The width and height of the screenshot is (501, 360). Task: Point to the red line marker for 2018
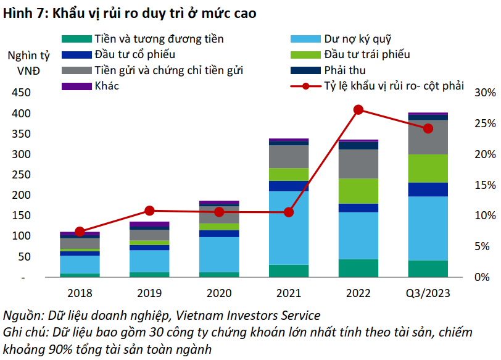pos(80,232)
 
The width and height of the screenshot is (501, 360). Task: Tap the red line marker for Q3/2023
pos(428,128)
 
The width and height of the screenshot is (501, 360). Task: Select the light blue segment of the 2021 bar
pos(289,227)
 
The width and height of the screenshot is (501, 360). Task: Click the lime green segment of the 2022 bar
pos(358,191)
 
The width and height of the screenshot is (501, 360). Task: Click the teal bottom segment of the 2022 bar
pos(358,268)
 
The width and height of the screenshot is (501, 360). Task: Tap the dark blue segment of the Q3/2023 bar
pos(428,189)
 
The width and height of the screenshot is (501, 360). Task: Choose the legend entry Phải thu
pos(344,70)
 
